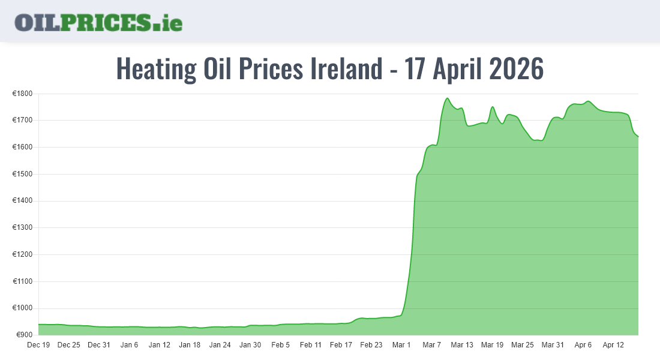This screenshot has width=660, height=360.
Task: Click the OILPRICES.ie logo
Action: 98,22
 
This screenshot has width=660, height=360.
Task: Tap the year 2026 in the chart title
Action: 516,69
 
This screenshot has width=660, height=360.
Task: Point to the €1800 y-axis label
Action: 22,94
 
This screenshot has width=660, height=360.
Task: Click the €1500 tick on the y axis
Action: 22,174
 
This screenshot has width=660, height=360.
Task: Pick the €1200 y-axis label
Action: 22,254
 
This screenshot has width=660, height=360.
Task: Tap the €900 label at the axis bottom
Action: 24,335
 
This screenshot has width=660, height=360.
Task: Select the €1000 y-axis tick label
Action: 22,308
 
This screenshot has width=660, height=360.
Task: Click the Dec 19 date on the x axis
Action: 38,345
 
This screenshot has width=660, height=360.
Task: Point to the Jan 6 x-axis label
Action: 129,345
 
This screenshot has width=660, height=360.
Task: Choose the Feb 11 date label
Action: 311,345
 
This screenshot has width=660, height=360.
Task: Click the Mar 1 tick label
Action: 401,345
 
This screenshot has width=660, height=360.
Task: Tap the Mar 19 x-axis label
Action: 492,345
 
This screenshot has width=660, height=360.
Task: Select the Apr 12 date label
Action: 613,345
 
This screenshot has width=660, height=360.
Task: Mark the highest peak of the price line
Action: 447,98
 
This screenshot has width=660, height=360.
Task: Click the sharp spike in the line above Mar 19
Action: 493,107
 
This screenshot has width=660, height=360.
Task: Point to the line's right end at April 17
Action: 638,136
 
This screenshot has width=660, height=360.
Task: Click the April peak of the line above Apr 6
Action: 588,101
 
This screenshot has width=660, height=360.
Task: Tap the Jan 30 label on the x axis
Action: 250,345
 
